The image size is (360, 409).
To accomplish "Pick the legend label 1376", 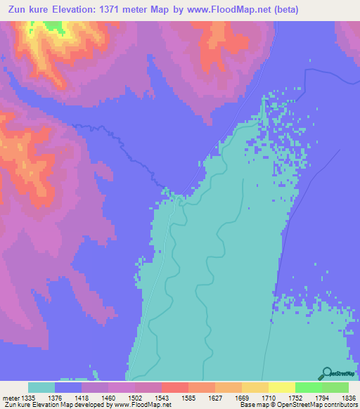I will pos(56,398).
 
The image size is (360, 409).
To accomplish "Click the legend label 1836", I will pos(349,398).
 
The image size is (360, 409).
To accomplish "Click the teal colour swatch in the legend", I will pos(41,387).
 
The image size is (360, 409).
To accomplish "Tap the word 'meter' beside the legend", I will pos(9,398).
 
